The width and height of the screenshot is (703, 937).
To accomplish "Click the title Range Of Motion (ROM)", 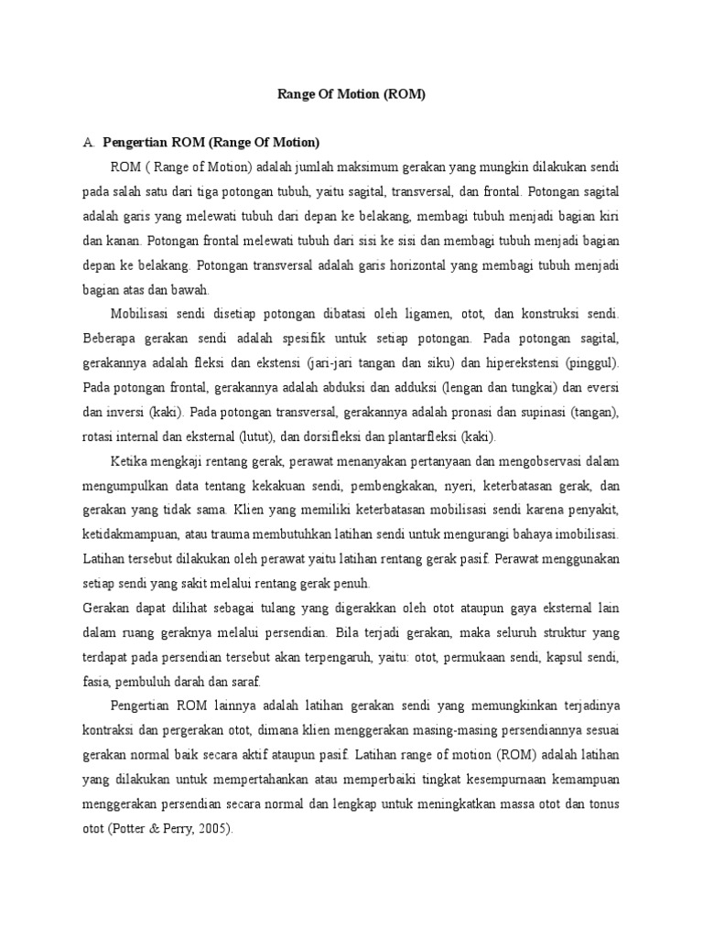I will click(x=351, y=94).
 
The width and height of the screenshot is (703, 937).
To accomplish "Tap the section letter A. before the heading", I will click(x=88, y=143).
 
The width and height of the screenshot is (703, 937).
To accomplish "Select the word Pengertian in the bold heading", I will click(x=132, y=143).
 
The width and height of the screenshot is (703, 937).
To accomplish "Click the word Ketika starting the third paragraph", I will click(x=129, y=461).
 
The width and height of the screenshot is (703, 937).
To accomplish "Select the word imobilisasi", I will click(x=584, y=534).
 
